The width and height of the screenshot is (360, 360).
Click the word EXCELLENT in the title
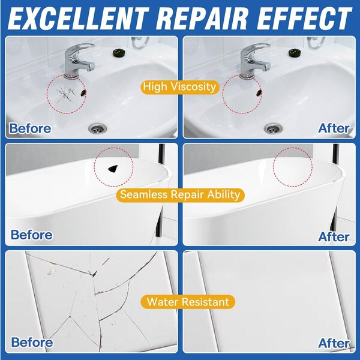point(78,19)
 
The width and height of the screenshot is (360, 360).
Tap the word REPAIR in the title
point(205,19)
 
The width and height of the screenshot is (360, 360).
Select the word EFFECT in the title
point(305,19)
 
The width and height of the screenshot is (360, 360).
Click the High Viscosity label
point(180,87)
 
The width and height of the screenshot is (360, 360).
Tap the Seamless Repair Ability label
point(180,194)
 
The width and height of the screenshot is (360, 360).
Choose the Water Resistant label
point(188,302)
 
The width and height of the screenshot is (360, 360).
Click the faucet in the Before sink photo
point(78,61)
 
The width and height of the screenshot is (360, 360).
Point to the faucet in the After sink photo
point(254,61)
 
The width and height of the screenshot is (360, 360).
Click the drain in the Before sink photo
point(98,128)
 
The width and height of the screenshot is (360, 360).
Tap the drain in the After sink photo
point(273,128)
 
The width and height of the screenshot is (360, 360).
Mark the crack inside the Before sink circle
point(66,94)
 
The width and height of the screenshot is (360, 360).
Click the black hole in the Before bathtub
point(113,169)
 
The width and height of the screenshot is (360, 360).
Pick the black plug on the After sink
point(295,53)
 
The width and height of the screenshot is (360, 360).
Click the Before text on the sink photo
point(30,128)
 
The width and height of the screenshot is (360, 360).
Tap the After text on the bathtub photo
point(334,237)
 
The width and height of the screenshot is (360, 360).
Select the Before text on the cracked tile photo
point(32,343)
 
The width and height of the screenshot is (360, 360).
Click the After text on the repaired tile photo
point(334,343)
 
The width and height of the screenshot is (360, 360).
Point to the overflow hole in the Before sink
point(83,92)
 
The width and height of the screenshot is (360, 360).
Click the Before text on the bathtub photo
point(32,235)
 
